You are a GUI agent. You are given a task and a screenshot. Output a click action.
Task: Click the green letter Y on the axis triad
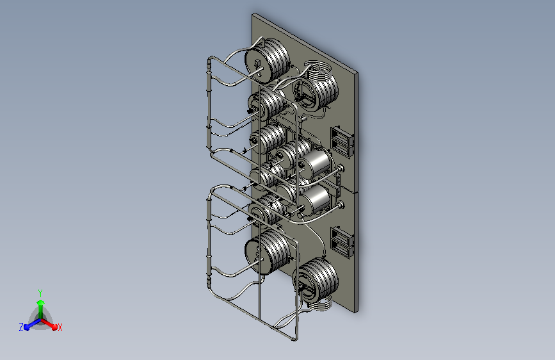[40, 293]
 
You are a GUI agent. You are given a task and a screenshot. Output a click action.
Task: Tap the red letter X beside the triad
[60, 327]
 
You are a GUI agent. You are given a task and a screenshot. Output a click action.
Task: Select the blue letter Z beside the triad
[21, 327]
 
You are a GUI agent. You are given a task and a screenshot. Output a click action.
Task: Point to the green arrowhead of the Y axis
[41, 303]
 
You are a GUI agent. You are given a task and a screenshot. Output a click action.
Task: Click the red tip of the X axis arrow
[54, 327]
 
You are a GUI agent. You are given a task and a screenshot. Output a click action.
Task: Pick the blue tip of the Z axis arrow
[27, 327]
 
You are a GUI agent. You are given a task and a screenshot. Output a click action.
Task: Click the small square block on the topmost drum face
[257, 63]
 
